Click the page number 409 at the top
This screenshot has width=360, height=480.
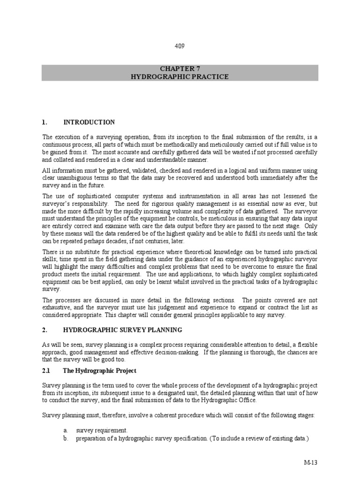(180, 46)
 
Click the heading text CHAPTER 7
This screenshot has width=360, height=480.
(180, 68)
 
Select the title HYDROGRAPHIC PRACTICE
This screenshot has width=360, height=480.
(180, 76)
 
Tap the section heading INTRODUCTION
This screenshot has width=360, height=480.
(89, 122)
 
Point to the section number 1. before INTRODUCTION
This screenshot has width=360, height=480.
(45, 122)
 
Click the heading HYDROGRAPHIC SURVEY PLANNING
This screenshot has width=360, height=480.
(123, 330)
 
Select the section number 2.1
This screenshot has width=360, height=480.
(46, 371)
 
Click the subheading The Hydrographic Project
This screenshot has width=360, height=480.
(100, 371)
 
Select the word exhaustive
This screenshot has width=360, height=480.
(58, 308)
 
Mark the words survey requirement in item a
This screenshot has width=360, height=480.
(102, 430)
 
